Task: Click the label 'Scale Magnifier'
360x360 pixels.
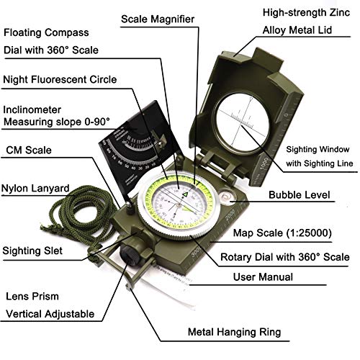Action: tap(158, 19)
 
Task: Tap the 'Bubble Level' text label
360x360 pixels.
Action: tap(300, 195)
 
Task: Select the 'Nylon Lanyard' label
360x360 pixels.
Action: tap(35, 189)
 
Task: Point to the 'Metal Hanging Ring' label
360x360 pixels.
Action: tap(234, 332)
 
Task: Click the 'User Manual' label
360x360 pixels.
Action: tap(263, 277)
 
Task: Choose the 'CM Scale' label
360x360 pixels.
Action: tap(29, 150)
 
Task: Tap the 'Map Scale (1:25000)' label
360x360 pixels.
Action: tap(282, 233)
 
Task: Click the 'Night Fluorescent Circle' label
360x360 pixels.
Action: tap(60, 79)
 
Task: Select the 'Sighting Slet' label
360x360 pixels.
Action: tap(32, 251)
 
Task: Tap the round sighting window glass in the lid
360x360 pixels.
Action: tap(242, 123)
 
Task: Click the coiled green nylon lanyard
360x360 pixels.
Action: tap(77, 216)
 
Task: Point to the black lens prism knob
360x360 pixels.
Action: tap(130, 254)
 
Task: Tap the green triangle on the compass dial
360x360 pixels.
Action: tap(185, 194)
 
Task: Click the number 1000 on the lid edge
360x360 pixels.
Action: tap(264, 163)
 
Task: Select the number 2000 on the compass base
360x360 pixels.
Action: tap(230, 215)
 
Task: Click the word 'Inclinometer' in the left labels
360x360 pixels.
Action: tap(32, 109)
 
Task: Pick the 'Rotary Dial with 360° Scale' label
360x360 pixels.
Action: tap(284, 257)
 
